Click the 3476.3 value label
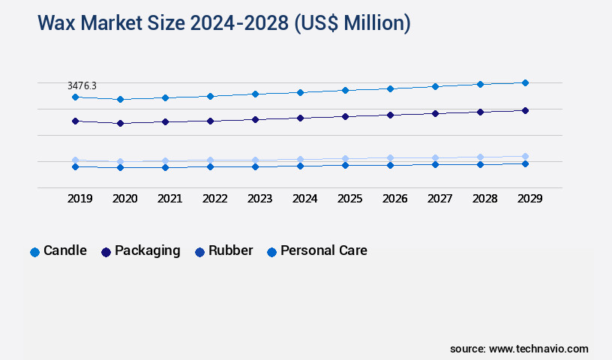82,86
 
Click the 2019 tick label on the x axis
79,199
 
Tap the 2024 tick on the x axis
304,199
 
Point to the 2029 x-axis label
529,199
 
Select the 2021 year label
169,199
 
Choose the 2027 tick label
439,199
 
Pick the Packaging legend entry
140,251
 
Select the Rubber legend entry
223,251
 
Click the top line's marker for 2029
525,82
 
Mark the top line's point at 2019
75,97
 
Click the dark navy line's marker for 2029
525,110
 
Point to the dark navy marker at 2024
300,118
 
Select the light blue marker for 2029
525,156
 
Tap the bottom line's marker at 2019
75,166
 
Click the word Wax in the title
56,23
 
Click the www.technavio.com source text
538,349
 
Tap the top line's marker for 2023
255,94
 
